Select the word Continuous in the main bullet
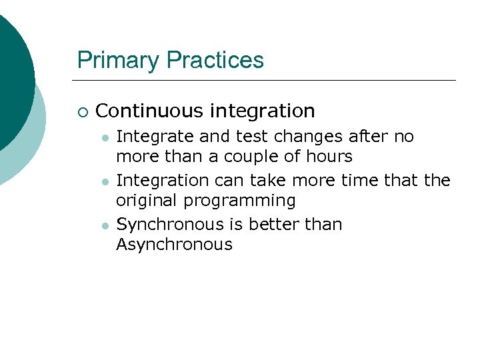[x=147, y=110]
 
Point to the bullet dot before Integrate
[x=105, y=137]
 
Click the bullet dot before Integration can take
[x=105, y=181]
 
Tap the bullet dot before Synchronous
[x=105, y=225]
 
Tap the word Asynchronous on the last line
[x=174, y=245]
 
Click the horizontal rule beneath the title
[x=267, y=81]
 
